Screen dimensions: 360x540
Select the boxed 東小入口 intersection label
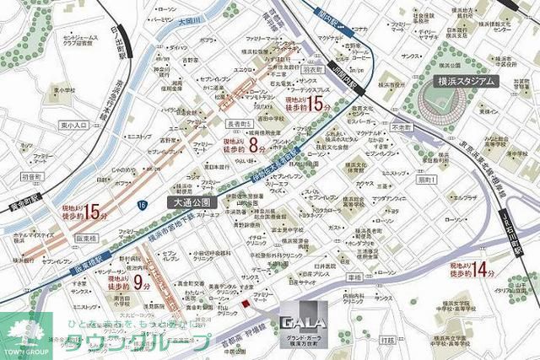tap(74, 125)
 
